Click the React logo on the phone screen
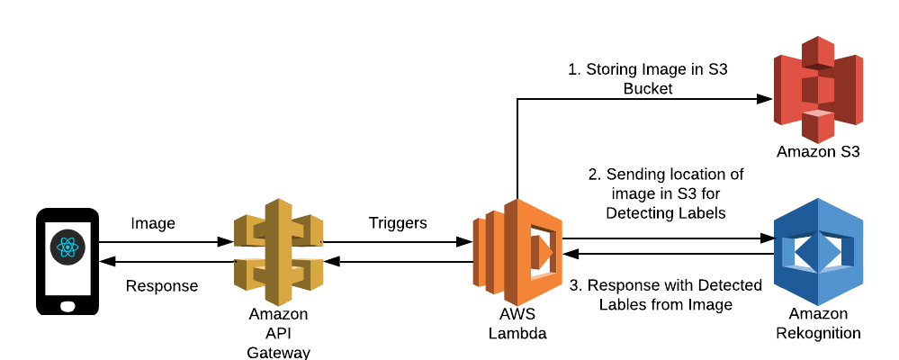67,247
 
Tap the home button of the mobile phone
67,304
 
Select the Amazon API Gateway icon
278,250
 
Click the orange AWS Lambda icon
517,253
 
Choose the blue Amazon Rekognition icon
818,252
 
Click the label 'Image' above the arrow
153,223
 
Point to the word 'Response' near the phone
162,286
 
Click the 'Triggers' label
397,223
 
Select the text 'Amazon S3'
818,152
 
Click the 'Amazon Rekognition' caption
818,323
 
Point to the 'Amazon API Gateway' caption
278,333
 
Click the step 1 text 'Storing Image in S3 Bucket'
648,79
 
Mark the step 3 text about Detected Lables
666,294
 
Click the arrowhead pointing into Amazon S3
768,99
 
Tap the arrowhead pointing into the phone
104,262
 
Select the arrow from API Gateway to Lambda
397,241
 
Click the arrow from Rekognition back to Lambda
666,255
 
